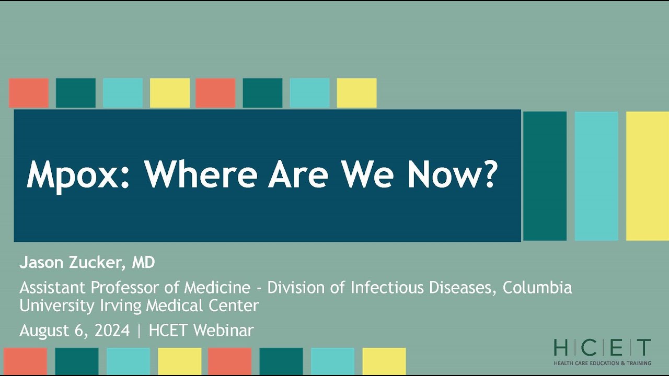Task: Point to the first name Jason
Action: click(x=41, y=263)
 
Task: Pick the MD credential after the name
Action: click(x=143, y=263)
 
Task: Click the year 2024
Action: click(x=111, y=331)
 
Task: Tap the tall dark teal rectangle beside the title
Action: click(x=545, y=176)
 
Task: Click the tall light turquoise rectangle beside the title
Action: click(x=596, y=176)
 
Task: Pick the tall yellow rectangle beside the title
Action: click(x=647, y=176)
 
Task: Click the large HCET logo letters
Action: click(x=602, y=348)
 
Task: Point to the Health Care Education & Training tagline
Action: click(x=602, y=363)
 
